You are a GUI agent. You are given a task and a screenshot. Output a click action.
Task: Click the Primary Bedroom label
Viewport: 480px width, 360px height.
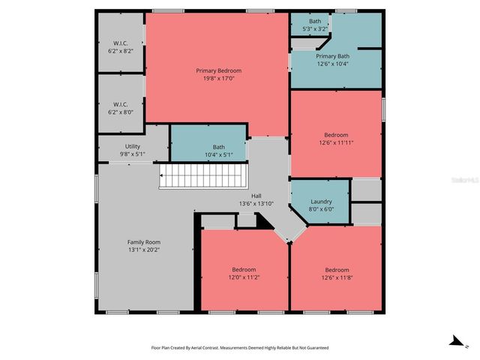218,70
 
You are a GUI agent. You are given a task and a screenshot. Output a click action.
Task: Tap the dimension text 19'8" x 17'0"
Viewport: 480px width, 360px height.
218,78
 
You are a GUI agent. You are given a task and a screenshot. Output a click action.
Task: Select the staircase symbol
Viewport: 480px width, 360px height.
202,178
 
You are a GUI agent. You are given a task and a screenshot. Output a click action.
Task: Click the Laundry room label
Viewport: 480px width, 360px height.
320,202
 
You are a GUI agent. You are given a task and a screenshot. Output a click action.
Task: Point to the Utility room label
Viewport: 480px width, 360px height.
132,147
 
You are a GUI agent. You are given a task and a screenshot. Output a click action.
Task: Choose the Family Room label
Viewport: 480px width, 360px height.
143,242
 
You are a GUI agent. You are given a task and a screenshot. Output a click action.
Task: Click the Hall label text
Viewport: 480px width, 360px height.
256,196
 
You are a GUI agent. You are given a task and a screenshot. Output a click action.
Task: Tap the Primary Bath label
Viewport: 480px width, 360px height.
332,56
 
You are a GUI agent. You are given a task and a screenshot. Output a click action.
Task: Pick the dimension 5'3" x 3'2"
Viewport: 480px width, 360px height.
315,28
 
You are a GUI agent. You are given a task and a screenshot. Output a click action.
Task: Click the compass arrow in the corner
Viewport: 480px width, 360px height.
454,341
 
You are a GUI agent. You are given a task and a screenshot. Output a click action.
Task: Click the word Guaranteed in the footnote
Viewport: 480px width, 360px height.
313,348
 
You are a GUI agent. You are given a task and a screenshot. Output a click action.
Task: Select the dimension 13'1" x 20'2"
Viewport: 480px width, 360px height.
143,250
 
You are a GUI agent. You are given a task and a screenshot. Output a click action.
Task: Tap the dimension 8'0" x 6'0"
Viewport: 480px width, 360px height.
320,210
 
